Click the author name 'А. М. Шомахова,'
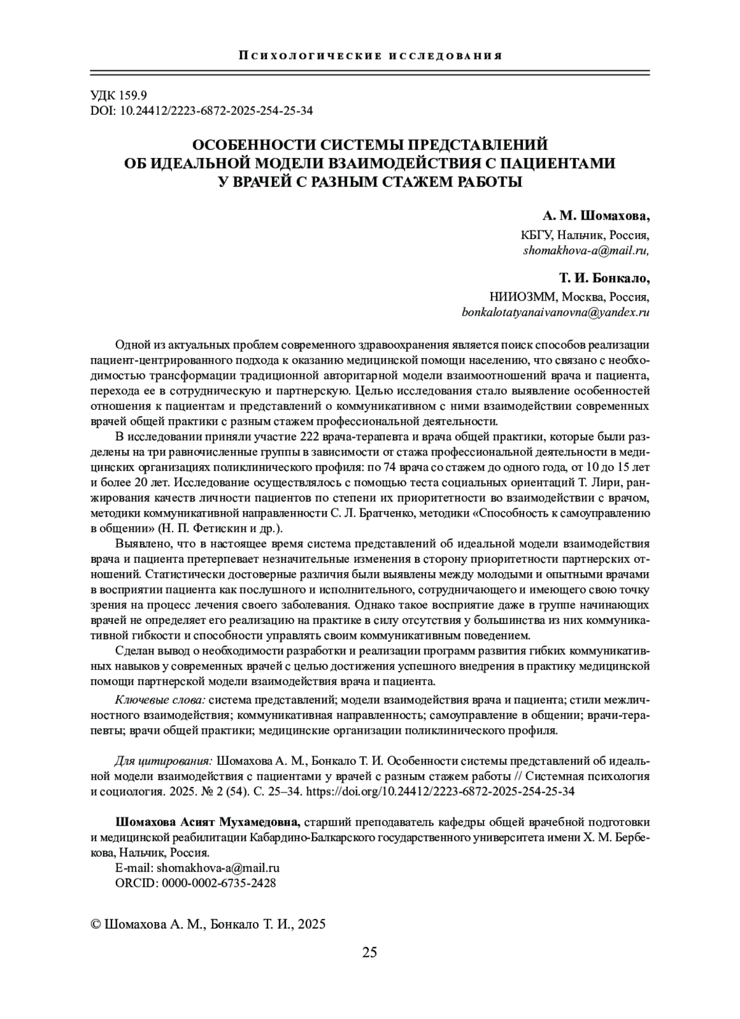[x=596, y=216]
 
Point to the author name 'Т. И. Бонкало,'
[x=600, y=278]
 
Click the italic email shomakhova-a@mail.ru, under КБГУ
[x=586, y=251]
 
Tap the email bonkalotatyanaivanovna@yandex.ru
[x=556, y=313]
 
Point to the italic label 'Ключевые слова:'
[x=160, y=700]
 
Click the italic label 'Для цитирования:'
[x=164, y=760]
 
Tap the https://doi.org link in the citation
[x=440, y=791]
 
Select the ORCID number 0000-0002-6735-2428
[x=218, y=883]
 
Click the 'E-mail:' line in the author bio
[x=197, y=868]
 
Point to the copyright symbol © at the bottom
[x=96, y=924]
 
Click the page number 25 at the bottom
[x=369, y=952]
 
